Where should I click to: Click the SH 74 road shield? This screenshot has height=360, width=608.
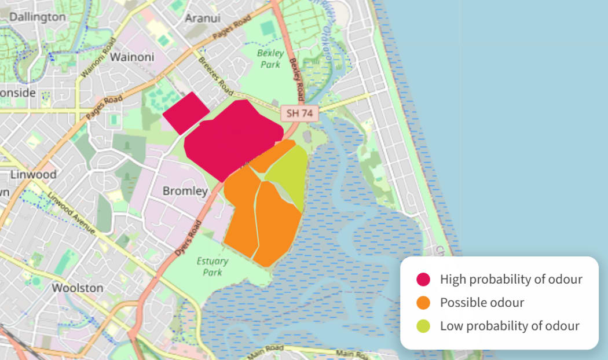299,113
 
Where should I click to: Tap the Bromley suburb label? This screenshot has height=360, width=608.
185,190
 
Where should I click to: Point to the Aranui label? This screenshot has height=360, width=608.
203,18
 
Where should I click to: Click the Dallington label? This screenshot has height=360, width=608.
38,17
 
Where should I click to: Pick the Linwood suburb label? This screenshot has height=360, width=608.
34,174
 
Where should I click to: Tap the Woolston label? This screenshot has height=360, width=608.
78,288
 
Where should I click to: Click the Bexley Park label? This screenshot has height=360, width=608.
270,58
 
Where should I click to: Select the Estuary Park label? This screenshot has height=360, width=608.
213,266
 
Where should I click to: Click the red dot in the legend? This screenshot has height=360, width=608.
423,280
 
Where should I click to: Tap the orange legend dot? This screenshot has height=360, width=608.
423,303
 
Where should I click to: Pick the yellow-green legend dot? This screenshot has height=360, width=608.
423,326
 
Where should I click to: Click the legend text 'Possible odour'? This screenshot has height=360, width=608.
482,303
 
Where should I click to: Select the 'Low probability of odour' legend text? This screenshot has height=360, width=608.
510,326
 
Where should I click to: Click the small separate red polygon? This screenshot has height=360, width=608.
185,112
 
